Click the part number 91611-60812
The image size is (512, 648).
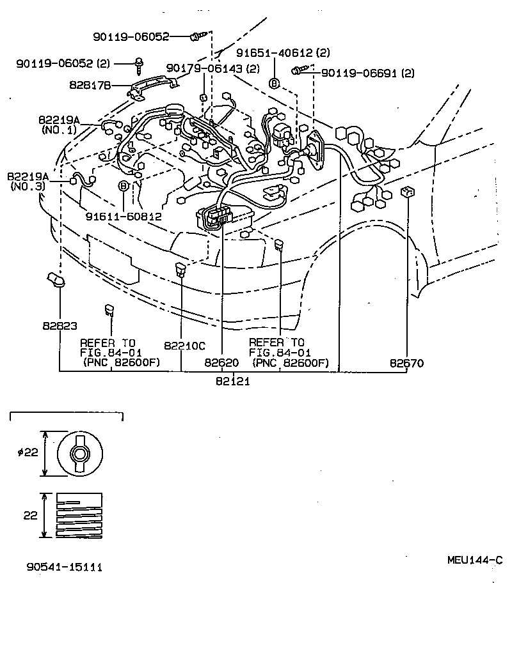123,217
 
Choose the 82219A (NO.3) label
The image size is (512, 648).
28,180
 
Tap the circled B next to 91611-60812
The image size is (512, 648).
124,186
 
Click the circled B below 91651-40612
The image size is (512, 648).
274,84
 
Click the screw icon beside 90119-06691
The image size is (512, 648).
300,72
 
